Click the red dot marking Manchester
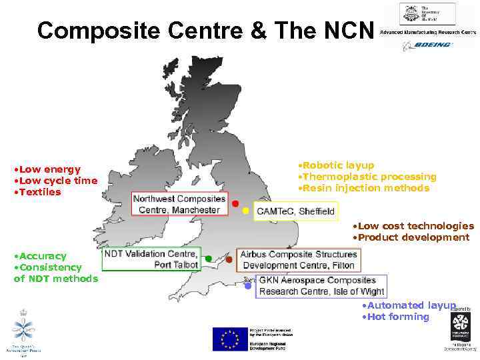click(x=235, y=203)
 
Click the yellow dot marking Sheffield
click(x=245, y=211)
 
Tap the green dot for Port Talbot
click(x=209, y=258)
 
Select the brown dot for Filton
click(x=229, y=259)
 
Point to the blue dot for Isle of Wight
click(x=248, y=286)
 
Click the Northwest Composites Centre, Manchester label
click(x=179, y=204)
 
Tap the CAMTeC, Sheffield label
click(x=296, y=212)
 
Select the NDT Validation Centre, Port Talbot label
click(x=151, y=259)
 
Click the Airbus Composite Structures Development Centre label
click(x=297, y=259)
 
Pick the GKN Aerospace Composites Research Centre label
click(x=321, y=286)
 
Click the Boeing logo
click(x=427, y=45)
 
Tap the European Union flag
click(x=229, y=339)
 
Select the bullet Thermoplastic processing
click(x=367, y=177)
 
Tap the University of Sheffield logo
click(x=427, y=14)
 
